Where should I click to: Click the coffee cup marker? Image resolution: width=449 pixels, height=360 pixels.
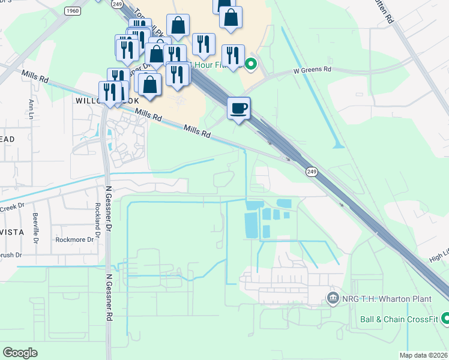[x=238, y=109]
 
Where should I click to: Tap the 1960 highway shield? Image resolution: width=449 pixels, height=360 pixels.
[x=73, y=11]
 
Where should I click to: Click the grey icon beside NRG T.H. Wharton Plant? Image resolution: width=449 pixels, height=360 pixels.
[x=331, y=298]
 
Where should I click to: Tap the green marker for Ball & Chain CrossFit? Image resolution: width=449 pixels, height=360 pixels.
[x=445, y=319]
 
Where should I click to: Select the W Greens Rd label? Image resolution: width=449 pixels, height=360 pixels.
[x=312, y=70]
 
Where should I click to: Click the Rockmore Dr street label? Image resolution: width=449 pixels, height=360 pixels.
[x=75, y=239]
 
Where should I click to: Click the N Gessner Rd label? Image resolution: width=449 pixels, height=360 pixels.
[x=109, y=295]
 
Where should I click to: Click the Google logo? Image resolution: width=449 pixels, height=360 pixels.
[x=20, y=353]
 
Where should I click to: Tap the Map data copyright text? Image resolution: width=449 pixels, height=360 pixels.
[x=423, y=355]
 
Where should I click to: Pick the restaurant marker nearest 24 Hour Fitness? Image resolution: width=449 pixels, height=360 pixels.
[x=233, y=56]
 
